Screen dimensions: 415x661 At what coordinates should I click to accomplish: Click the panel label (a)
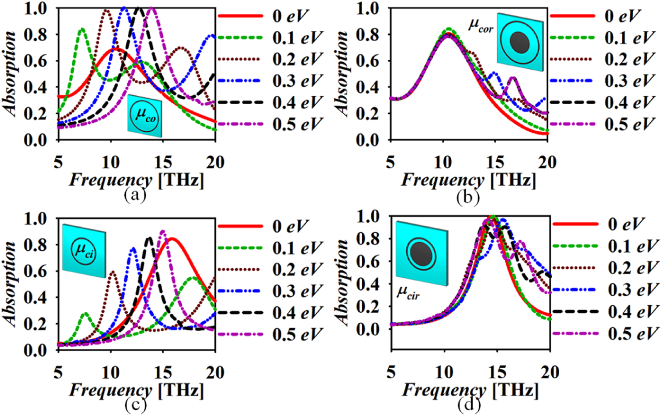click(x=135, y=194)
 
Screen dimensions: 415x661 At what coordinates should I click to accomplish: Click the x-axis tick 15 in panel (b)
click(x=495, y=163)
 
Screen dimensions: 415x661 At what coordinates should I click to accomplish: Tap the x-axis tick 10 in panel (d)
click(x=444, y=373)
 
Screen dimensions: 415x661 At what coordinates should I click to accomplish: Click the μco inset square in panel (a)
click(x=145, y=116)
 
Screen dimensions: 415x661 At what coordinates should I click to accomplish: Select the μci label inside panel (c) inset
click(x=84, y=251)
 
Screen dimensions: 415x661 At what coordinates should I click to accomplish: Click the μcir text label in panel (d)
click(x=408, y=293)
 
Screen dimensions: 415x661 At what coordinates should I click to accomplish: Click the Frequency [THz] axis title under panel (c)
click(x=137, y=391)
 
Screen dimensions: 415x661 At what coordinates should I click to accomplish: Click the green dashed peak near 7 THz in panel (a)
click(x=82, y=30)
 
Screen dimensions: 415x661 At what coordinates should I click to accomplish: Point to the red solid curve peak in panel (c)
click(x=172, y=239)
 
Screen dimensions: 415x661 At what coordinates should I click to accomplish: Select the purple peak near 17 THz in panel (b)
click(x=512, y=79)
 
